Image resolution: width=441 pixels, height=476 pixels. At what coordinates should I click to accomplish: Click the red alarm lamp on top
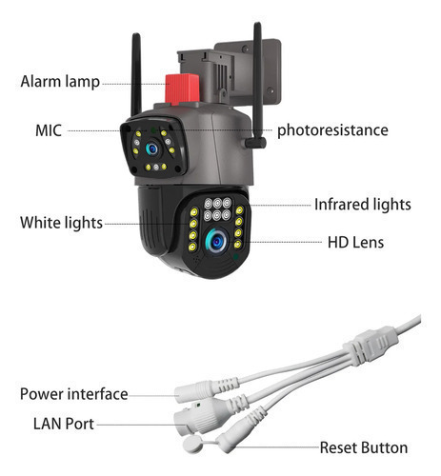182,89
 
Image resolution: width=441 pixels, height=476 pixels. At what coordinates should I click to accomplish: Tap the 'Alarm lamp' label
60,82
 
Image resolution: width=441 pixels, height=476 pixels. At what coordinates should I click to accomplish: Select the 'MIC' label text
49,130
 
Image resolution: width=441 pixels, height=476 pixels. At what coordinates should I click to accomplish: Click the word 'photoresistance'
332,130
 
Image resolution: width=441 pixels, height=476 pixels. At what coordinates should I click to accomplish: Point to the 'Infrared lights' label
363,204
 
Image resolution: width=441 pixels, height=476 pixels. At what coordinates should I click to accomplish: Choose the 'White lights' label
61,223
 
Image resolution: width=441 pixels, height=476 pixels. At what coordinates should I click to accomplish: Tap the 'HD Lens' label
355,242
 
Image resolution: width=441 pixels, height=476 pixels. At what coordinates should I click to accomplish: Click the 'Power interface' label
74,394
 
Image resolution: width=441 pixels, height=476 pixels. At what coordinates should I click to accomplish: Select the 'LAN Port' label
64,424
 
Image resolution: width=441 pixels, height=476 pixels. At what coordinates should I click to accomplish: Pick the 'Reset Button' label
364,447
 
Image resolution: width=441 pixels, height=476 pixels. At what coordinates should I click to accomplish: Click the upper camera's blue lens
152,149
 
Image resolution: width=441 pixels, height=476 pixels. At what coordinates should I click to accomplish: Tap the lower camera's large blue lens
216,242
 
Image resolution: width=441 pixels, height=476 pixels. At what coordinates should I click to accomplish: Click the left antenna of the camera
136,74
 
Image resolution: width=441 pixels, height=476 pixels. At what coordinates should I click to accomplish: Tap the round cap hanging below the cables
192,444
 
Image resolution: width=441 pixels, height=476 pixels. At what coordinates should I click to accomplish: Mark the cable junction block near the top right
371,346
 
